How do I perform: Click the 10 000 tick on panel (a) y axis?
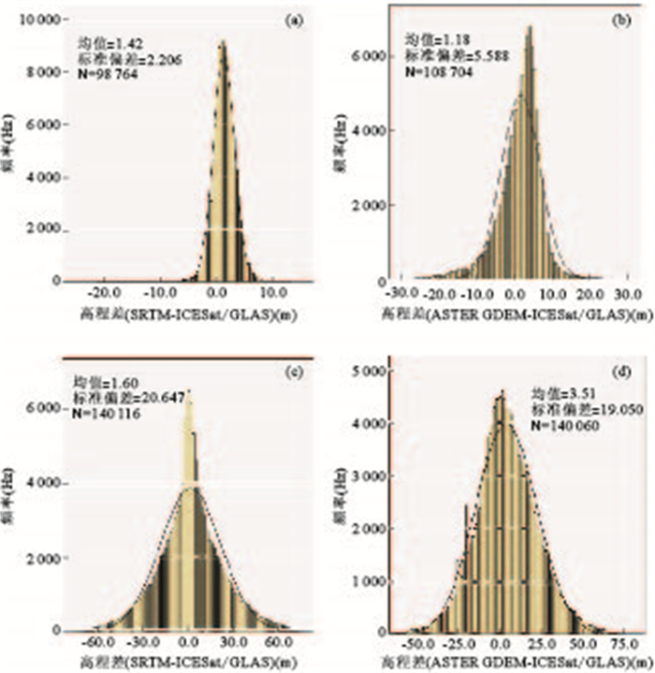(x=38, y=20)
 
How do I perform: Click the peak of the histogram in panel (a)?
(x=222, y=42)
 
